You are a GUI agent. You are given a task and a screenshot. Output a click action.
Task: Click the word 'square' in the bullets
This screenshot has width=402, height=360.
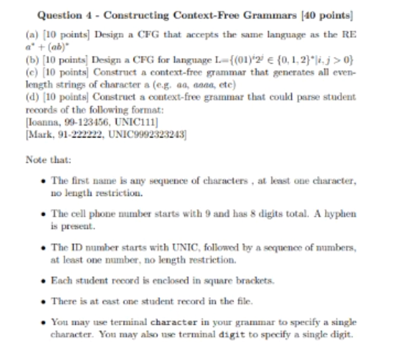tap(223, 281)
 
